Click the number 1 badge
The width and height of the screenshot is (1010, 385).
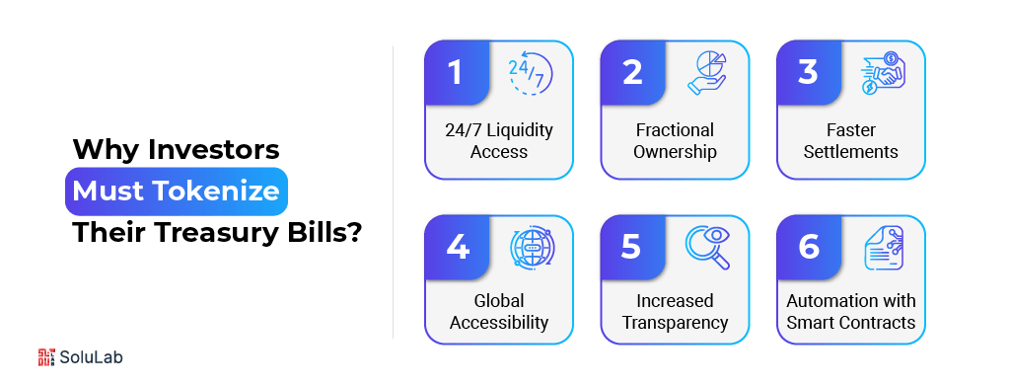pyautogui.click(x=455, y=73)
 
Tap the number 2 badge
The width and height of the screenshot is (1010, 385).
pyautogui.click(x=631, y=73)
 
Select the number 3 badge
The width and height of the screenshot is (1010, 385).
pyautogui.click(x=808, y=73)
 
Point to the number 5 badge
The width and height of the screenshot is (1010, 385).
pyautogui.click(x=631, y=246)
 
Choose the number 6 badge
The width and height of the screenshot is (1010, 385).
pyautogui.click(x=808, y=246)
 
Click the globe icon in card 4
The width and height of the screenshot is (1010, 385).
pyautogui.click(x=532, y=248)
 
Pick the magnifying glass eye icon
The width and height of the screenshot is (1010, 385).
pyautogui.click(x=707, y=248)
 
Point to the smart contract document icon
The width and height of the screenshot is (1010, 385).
pyautogui.click(x=884, y=248)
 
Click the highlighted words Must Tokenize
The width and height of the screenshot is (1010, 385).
pyautogui.click(x=177, y=191)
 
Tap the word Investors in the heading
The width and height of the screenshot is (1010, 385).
pyautogui.click(x=214, y=150)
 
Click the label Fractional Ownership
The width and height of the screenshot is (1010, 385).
pyautogui.click(x=675, y=141)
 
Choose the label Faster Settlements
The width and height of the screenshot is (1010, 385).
pyautogui.click(x=851, y=141)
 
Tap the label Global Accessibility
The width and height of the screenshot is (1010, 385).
pyautogui.click(x=499, y=311)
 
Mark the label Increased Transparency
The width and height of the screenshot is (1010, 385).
pyautogui.click(x=675, y=311)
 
